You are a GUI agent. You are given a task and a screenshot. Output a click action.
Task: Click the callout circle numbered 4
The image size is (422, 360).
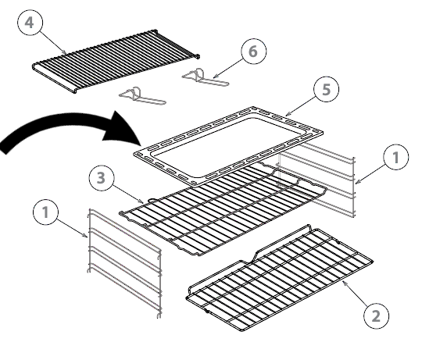tap(30, 23)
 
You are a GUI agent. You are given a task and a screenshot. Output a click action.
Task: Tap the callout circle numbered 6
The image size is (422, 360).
tap(254, 52)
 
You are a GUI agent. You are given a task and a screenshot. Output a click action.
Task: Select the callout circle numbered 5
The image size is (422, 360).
tap(326, 89)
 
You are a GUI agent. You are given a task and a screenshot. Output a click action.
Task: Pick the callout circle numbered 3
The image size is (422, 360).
tap(102, 178)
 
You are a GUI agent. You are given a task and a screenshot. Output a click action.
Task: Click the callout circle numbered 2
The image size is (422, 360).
tap(376, 315)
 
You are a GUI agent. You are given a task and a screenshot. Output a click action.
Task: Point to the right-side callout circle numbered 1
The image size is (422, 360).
tap(396, 157)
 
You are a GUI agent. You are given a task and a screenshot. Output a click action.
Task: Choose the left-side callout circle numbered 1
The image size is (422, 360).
tap(45, 212)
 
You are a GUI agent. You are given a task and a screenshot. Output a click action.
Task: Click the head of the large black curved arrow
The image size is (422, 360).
tap(123, 129)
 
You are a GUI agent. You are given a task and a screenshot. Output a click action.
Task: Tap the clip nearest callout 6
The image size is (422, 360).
tap(206, 77)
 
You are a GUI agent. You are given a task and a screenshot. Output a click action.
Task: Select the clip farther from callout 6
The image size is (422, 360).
tap(142, 96)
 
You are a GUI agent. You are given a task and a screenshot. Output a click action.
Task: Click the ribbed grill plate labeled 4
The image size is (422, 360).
tap(116, 61)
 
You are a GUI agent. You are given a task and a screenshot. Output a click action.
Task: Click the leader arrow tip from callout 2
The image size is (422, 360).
tap(342, 280)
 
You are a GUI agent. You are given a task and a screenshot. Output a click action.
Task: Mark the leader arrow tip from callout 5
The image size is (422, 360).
tap(285, 116)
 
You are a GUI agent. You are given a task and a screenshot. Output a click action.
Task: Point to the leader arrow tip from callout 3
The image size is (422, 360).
tap(144, 202)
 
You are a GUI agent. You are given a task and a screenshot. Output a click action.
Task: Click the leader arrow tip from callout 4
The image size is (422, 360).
tap(66, 54)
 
